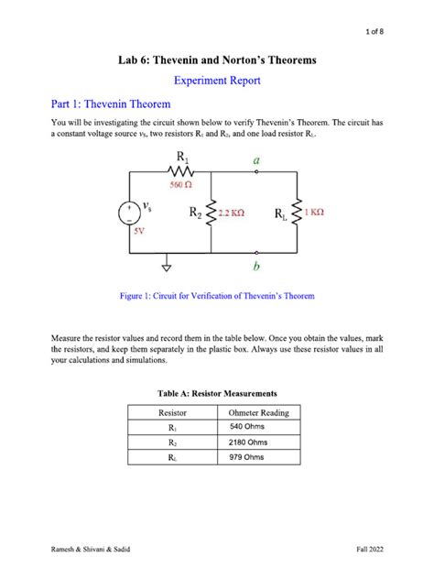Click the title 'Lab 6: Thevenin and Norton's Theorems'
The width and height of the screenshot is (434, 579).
[x=217, y=60]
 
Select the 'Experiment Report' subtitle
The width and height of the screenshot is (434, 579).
[x=216, y=81]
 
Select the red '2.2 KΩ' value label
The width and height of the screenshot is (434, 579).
[x=230, y=213]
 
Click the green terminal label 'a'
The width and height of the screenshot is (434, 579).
[x=256, y=159]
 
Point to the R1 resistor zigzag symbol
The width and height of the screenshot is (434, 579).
[x=180, y=171]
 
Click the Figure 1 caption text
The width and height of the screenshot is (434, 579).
[x=217, y=297]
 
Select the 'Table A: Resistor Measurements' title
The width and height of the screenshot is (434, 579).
[x=216, y=393]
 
